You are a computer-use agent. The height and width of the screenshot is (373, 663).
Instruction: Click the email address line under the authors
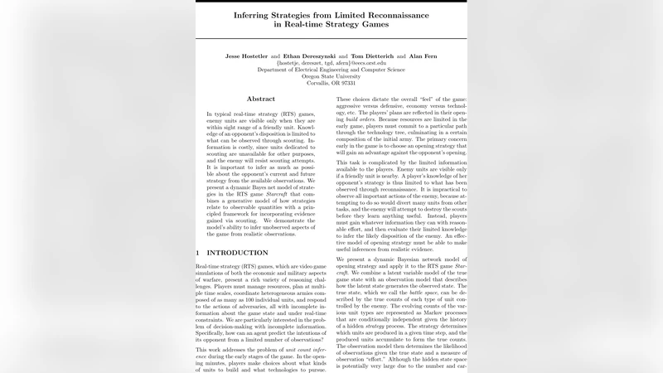click(331, 63)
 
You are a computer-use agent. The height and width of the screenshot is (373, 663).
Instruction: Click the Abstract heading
click(261, 99)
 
